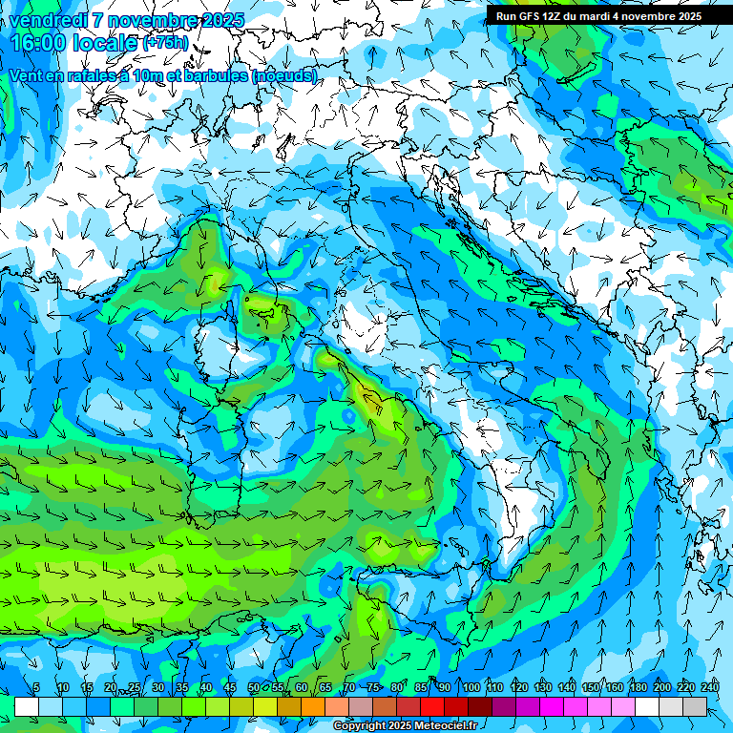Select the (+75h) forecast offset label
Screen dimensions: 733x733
[x=165, y=44]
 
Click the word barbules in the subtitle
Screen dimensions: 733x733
[x=212, y=75]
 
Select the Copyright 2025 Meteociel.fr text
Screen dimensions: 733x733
[x=405, y=726]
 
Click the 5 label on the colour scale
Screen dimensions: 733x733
[x=36, y=687]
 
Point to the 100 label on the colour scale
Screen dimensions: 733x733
[x=471, y=687]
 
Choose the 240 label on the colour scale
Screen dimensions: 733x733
[x=710, y=687]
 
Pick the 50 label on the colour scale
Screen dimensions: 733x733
[x=254, y=687]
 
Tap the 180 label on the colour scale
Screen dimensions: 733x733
[x=637, y=687]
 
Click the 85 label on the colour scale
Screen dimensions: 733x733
[x=421, y=687]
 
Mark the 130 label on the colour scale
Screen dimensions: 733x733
[x=543, y=687]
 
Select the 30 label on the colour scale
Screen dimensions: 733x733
[x=157, y=687]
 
